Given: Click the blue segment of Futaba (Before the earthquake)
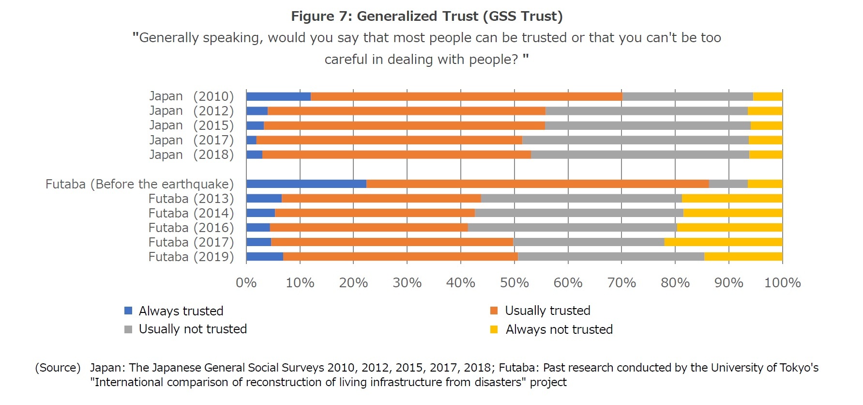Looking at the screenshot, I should (x=306, y=184).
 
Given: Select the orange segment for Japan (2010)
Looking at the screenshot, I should (x=467, y=96).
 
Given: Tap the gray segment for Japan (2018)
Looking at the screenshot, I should (x=640, y=155).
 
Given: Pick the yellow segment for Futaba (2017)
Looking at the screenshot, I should (x=723, y=242).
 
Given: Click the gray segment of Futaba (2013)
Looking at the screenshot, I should (x=581, y=199).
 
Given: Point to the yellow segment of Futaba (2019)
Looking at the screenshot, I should (x=743, y=257).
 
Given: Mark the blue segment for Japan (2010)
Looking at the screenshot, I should (x=278, y=96).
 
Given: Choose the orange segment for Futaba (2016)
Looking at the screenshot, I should (x=369, y=228).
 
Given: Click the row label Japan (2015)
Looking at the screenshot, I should (x=191, y=125).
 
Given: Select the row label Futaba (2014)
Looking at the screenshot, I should (x=191, y=213).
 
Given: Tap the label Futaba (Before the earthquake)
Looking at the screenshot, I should (x=139, y=184).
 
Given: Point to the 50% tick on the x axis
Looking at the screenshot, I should (x=514, y=282).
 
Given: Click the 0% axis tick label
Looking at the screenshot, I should (x=246, y=282).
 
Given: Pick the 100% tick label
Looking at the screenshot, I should (x=782, y=282).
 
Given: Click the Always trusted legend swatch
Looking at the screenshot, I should (x=128, y=311).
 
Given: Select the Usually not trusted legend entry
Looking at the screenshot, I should (x=193, y=329).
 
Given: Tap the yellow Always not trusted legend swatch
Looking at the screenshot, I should (x=494, y=330).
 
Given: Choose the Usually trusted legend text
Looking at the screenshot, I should (x=547, y=311).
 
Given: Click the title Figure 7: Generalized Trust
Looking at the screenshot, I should (x=426, y=16).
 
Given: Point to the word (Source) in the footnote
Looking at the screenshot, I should (x=58, y=368).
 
